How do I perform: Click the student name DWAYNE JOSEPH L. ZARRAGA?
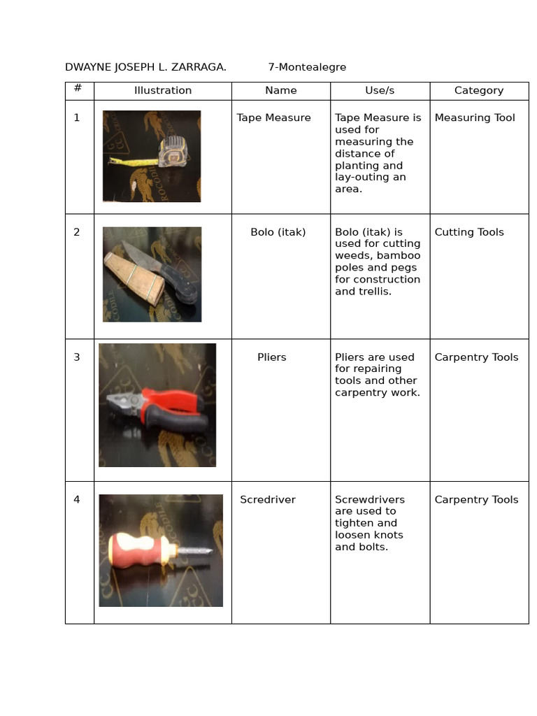click(145, 67)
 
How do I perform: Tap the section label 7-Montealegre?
click(307, 67)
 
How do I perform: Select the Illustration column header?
click(163, 90)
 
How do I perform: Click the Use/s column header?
click(380, 90)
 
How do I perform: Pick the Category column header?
click(478, 90)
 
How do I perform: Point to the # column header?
click(78, 88)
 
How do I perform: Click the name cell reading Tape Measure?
click(273, 117)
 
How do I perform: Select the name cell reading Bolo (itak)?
click(278, 232)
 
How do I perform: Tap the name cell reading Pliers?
click(271, 357)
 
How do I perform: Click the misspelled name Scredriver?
click(268, 500)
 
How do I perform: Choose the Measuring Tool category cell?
click(474, 117)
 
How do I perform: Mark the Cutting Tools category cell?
click(468, 232)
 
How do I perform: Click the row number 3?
click(77, 357)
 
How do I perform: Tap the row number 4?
click(77, 500)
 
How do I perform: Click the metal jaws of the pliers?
click(122, 401)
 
